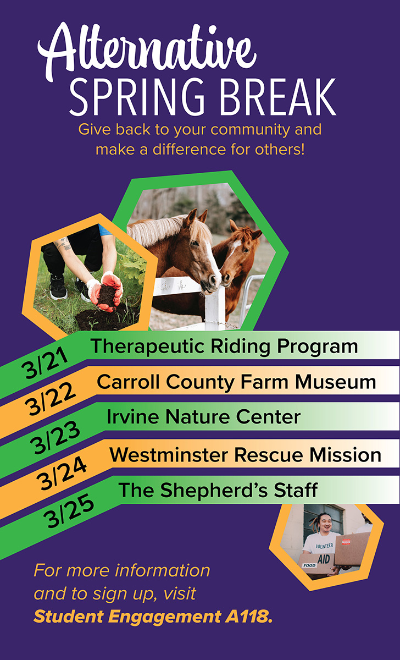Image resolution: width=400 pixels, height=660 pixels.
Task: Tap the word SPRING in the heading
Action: tap(137, 97)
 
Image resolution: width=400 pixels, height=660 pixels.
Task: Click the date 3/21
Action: tap(45, 362)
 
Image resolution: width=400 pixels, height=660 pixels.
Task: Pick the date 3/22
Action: tap(50, 399)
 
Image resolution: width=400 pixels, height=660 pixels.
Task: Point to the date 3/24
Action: tap(62, 473)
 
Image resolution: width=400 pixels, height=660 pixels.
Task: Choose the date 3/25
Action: tap(69, 510)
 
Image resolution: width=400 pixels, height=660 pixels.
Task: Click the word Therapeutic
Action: tap(147, 346)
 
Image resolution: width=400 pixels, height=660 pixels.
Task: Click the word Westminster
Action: tap(169, 455)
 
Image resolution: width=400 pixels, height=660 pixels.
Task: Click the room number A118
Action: tap(249, 617)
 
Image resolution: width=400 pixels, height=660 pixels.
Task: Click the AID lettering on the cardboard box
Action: tap(324, 558)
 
